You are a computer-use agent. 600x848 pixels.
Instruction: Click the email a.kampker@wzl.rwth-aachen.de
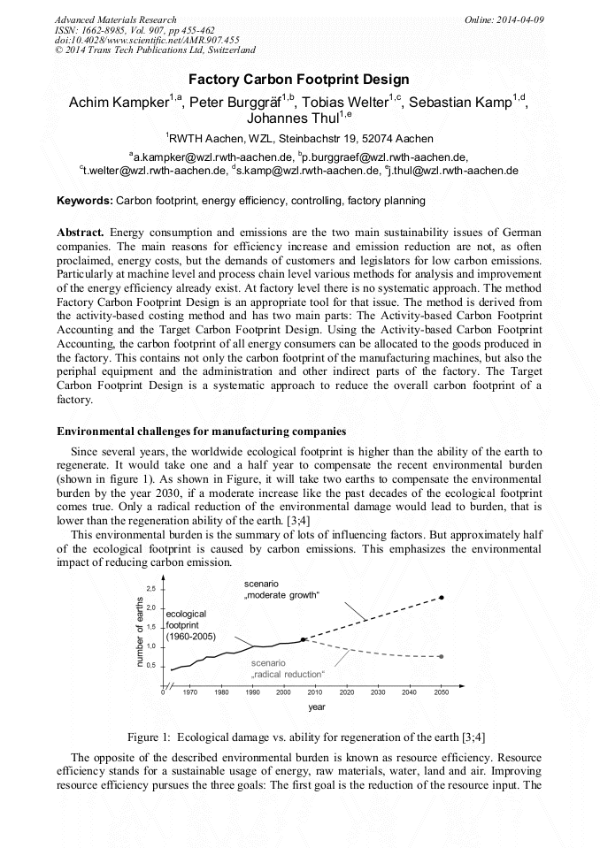tap(209, 157)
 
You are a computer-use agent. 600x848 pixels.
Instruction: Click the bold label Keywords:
tap(85, 201)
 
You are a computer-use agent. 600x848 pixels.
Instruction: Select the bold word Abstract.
tap(81, 231)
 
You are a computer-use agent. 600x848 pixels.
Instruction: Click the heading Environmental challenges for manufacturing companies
tap(201, 432)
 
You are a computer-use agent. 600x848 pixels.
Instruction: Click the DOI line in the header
tap(147, 40)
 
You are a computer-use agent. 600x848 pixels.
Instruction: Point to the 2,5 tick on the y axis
tap(150, 588)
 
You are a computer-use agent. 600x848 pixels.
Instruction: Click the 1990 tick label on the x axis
tap(252, 693)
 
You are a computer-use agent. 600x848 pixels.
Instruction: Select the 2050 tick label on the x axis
tap(440, 693)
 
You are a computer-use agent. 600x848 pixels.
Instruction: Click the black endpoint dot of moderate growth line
tap(442, 598)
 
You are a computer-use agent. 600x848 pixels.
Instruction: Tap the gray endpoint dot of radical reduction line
tap(442, 656)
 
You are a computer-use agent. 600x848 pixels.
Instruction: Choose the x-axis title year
tap(317, 707)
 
